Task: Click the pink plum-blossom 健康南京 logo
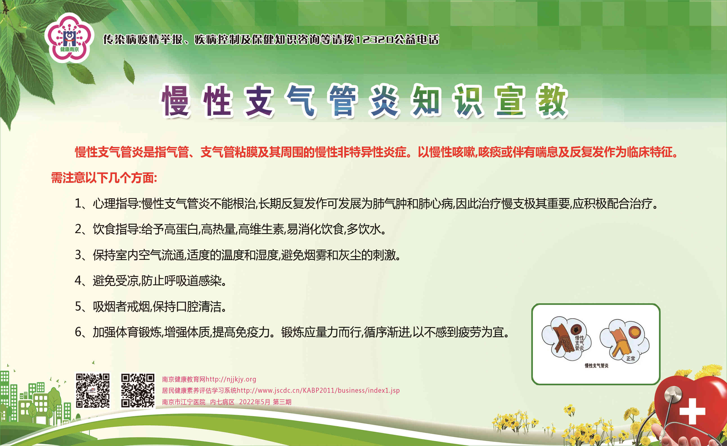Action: (x=69, y=38)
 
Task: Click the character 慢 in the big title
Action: (x=176, y=101)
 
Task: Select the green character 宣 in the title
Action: (x=510, y=101)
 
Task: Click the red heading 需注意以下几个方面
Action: (x=104, y=178)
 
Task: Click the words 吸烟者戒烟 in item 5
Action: (x=121, y=306)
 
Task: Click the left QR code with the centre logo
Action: (x=93, y=390)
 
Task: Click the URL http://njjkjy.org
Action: (x=231, y=379)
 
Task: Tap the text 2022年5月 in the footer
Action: (x=254, y=402)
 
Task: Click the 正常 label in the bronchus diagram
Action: (x=630, y=358)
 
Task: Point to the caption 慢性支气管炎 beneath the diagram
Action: (x=596, y=366)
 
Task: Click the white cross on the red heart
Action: (x=692, y=411)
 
